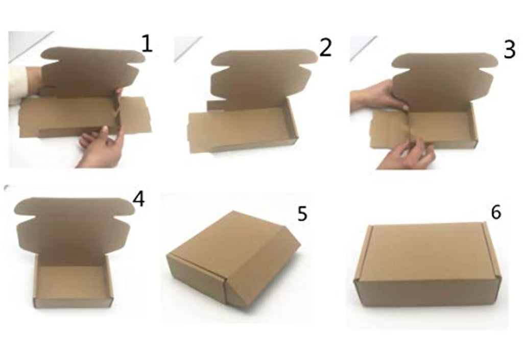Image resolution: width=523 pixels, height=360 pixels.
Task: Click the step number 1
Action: [147, 44]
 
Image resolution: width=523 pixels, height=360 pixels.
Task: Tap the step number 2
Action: [325, 47]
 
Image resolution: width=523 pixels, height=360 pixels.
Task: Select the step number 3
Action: [509, 50]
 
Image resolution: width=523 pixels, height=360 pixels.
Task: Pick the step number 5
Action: [302, 213]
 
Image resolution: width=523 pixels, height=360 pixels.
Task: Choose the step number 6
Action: [496, 212]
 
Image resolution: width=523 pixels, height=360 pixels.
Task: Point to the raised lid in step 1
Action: [92, 71]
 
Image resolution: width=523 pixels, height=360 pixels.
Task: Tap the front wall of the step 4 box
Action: [74, 303]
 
